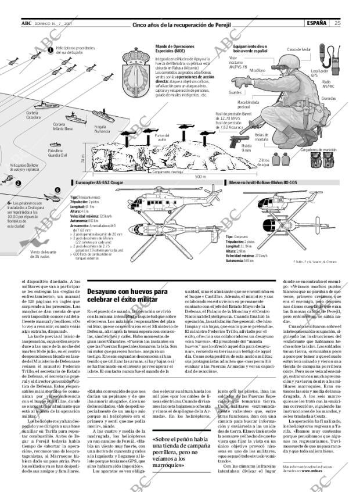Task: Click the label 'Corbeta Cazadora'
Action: click(x=33, y=115)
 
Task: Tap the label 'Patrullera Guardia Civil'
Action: click(x=57, y=153)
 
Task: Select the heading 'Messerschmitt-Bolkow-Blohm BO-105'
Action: click(x=262, y=182)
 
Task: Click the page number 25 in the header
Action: click(x=337, y=23)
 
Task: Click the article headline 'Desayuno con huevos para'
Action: click(x=127, y=292)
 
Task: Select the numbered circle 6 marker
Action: click(x=57, y=190)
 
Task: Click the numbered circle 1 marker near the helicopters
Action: click(x=50, y=50)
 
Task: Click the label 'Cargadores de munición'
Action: click(x=318, y=149)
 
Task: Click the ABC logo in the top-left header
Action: click(x=26, y=23)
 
